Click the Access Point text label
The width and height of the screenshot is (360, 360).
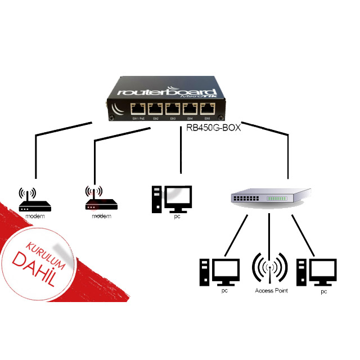click(271, 290)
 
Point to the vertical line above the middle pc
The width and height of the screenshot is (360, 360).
click(180, 149)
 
